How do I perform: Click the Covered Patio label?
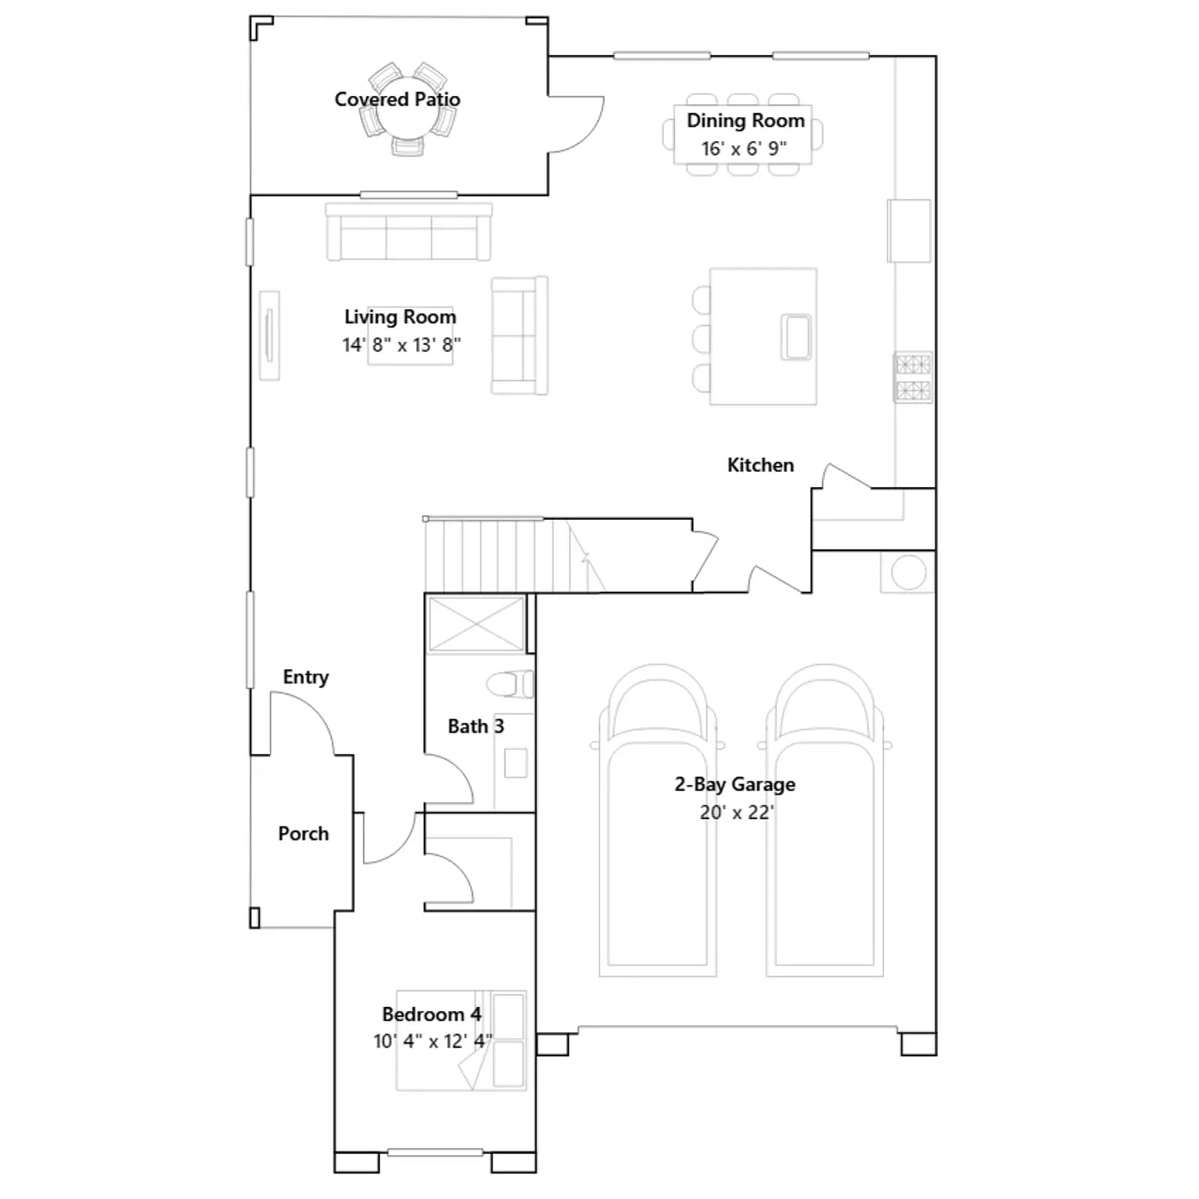click(x=397, y=99)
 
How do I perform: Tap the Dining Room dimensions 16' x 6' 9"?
click(x=743, y=148)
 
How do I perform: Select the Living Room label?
click(x=400, y=317)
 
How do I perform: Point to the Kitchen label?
click(x=760, y=465)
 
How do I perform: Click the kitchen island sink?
click(x=796, y=337)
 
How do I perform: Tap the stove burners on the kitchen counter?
click(x=913, y=378)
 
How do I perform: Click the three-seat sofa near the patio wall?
click(x=408, y=232)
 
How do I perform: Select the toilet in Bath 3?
click(x=510, y=684)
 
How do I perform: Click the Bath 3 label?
click(x=476, y=726)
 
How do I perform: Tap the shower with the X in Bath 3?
click(x=476, y=623)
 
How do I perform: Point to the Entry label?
click(x=306, y=677)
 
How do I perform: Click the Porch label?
click(x=303, y=833)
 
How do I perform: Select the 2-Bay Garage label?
click(x=735, y=785)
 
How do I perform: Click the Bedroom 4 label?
click(x=432, y=1014)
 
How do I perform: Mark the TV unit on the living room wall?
click(x=269, y=335)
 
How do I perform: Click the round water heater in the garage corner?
click(x=908, y=573)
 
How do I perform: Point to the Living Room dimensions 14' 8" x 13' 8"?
click(x=402, y=345)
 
